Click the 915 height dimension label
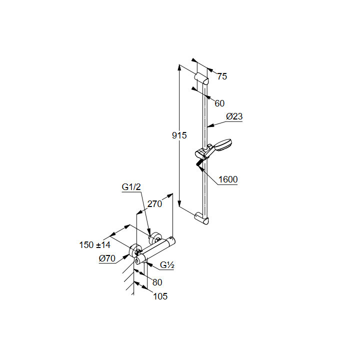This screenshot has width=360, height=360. click(x=179, y=135)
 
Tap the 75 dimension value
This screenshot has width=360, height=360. click(x=222, y=76)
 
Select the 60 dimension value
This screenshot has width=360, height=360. click(x=219, y=103)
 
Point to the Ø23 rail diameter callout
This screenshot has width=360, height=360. click(x=234, y=116)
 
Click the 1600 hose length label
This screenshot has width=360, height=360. click(x=228, y=179)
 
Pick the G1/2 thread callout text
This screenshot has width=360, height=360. click(x=131, y=187)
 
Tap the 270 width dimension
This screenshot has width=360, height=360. click(x=154, y=204)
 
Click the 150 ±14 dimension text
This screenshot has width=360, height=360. click(x=94, y=245)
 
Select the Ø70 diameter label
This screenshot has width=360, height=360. click(x=107, y=258)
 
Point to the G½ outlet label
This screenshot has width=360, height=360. click(x=167, y=265)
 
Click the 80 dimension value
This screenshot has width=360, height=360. click(x=157, y=282)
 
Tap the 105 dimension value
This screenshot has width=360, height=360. click(x=160, y=296)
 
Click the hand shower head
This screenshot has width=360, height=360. click(x=223, y=145)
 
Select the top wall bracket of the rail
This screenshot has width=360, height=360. click(x=201, y=78)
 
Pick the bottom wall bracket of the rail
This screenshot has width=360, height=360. click(x=201, y=218)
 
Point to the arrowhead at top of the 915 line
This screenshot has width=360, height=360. click(x=180, y=67)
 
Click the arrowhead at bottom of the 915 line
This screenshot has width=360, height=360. click(x=180, y=203)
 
